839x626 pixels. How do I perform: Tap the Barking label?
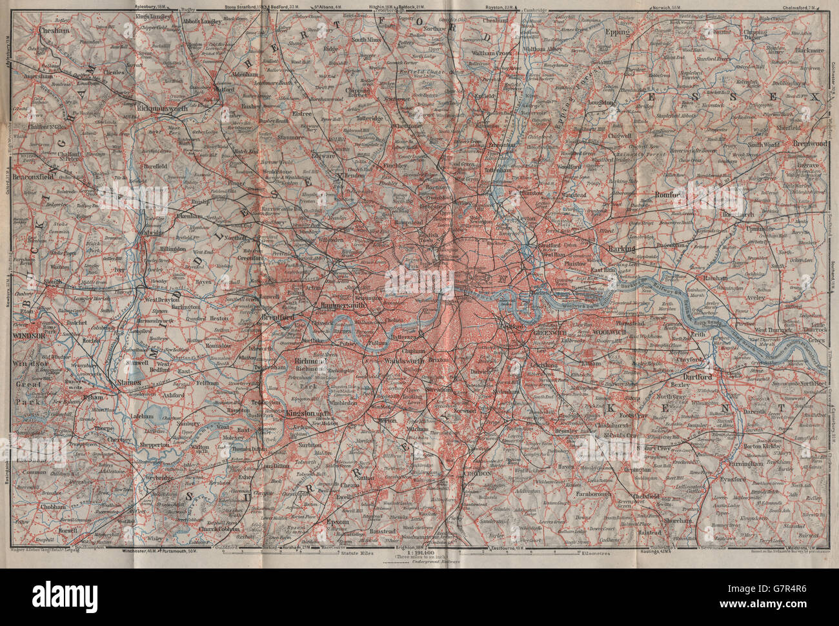tap(620, 248)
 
